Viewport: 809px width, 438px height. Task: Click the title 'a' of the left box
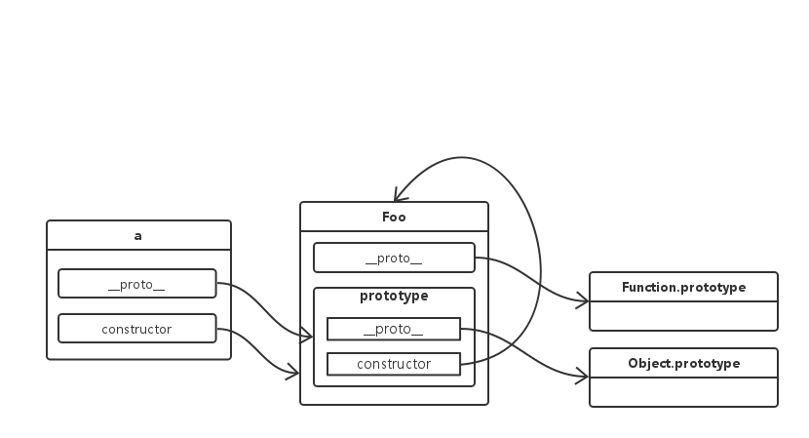point(138,235)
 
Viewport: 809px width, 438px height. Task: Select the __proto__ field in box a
point(136,284)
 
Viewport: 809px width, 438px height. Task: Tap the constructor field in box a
point(136,329)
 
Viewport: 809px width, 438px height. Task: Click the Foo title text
point(393,217)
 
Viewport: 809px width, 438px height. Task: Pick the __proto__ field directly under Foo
point(393,259)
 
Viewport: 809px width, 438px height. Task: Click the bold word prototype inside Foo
point(394,296)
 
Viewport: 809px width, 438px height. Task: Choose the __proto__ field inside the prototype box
point(393,329)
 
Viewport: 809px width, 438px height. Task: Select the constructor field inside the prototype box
point(393,364)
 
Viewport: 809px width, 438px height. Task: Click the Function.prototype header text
point(683,287)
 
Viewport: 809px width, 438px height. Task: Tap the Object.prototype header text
point(683,363)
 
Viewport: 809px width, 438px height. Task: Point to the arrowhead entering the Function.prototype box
point(584,302)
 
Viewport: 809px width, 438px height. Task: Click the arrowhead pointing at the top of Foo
point(399,194)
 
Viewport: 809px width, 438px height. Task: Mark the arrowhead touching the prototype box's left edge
point(307,338)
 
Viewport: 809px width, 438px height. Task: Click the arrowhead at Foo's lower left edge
point(294,372)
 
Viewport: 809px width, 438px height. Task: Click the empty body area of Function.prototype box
point(683,315)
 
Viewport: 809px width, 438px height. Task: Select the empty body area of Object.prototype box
point(683,390)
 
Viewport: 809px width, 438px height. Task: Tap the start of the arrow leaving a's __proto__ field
point(218,284)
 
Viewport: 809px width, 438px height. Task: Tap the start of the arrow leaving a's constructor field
point(218,330)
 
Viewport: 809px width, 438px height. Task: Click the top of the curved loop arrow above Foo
point(468,156)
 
